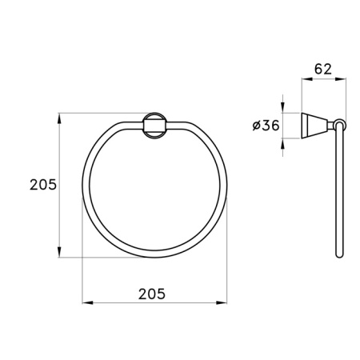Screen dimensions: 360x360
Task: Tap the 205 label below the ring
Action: pyautogui.click(x=151, y=294)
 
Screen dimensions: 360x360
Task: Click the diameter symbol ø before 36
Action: pyautogui.click(x=254, y=125)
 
